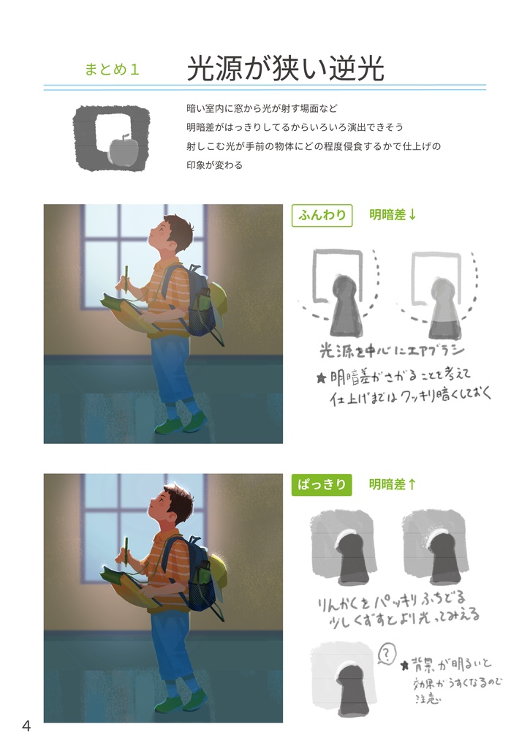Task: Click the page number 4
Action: coord(26,726)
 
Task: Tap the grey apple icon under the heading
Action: coord(121,151)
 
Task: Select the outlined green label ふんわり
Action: coord(322,215)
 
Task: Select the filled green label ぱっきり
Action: coord(322,485)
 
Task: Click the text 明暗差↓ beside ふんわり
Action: coord(393,215)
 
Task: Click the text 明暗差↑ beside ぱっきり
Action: coord(393,485)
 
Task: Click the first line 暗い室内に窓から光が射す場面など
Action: coord(262,109)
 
